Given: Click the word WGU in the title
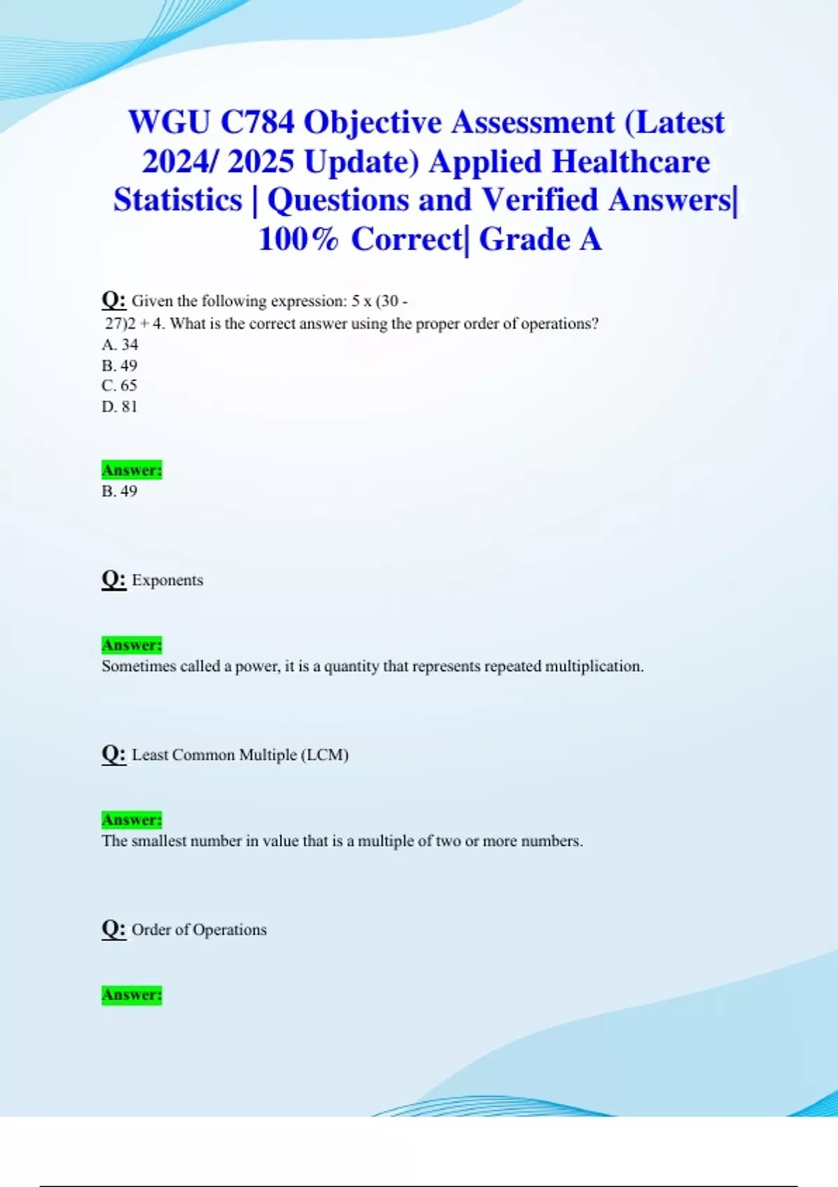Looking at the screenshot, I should click(169, 123).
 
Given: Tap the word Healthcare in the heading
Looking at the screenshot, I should click(631, 162).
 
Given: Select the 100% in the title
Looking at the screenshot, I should click(297, 239).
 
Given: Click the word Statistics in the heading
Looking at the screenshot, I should click(177, 200).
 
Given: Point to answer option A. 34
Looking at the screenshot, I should click(119, 344).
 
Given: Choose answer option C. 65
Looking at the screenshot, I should click(119, 385).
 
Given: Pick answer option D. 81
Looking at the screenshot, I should click(119, 406).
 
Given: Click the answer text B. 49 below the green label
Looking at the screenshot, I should click(119, 492).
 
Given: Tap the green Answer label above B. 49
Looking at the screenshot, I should click(131, 470).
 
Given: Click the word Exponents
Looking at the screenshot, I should click(168, 580).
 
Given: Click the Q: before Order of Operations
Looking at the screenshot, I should click(114, 929).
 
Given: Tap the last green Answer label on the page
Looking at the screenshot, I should click(131, 994).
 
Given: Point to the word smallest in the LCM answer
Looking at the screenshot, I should click(159, 841).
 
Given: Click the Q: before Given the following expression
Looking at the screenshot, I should click(114, 300).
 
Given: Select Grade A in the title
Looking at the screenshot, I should click(540, 239).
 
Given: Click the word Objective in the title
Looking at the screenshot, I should click(373, 123).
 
